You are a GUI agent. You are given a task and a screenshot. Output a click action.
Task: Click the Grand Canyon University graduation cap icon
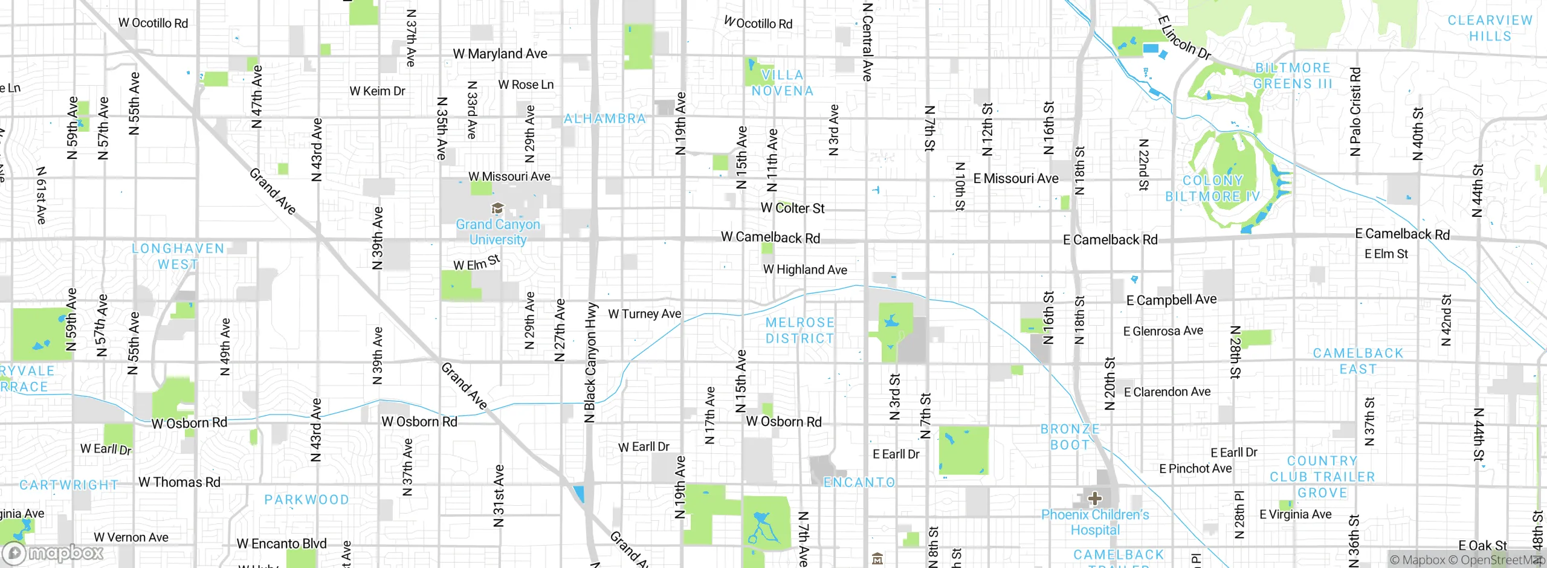tap(497, 209)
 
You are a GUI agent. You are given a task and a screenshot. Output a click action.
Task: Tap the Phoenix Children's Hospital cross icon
tap(1094, 499)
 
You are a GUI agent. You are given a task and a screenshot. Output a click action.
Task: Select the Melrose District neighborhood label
tap(799, 331)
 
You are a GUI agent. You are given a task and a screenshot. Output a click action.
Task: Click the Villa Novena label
tap(783, 83)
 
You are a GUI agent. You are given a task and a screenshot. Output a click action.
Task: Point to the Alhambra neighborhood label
tap(605, 119)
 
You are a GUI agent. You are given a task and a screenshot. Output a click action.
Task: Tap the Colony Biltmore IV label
tap(1212, 189)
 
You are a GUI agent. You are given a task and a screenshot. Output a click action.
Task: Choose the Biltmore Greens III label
tap(1293, 76)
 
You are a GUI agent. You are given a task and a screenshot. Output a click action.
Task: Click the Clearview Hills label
tap(1490, 28)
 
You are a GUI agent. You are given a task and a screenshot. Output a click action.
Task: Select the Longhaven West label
tap(178, 256)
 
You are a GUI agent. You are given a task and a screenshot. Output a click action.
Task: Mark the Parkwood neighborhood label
tap(307, 500)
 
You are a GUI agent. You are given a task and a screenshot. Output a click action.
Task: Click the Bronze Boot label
tap(1070, 437)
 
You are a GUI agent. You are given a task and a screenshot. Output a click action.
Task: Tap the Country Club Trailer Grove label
tap(1322, 477)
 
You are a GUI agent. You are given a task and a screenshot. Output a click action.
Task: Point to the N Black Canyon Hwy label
tap(591, 363)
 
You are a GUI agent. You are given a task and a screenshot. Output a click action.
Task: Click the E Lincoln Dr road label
tap(1184, 38)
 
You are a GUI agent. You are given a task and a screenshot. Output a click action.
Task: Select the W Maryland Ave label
tap(500, 54)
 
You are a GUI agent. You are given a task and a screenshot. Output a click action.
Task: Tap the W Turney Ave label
tap(644, 314)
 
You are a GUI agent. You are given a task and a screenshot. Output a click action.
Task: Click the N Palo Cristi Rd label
tap(1355, 112)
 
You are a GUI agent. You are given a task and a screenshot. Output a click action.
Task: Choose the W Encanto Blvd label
tap(282, 544)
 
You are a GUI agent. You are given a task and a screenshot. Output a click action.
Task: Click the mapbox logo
tap(53, 553)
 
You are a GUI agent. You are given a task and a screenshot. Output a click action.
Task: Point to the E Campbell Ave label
tap(1171, 300)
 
